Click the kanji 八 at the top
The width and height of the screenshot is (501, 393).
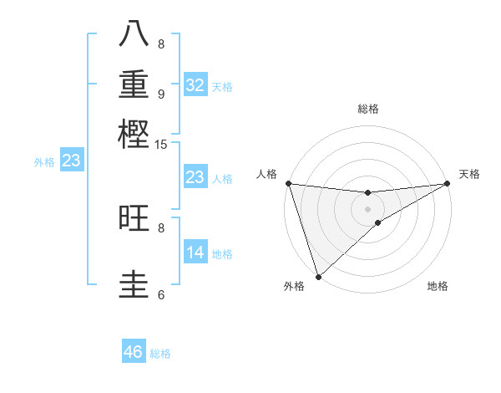click(134, 34)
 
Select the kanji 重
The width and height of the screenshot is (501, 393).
click(134, 84)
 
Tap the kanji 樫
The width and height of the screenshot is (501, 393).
click(134, 135)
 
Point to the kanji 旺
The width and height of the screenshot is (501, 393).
click(134, 218)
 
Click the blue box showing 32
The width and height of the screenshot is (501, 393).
click(195, 85)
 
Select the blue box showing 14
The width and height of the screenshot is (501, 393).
click(195, 253)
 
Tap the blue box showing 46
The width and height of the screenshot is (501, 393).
click(134, 352)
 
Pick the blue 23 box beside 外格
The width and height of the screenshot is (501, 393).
click(71, 161)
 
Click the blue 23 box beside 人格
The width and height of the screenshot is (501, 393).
click(195, 177)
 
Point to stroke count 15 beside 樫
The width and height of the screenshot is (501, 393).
click(161, 145)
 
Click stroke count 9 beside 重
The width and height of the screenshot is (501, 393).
click(161, 94)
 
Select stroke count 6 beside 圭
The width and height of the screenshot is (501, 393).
click(161, 294)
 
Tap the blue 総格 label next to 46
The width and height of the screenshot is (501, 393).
click(160, 354)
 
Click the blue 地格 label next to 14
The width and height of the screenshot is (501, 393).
click(222, 254)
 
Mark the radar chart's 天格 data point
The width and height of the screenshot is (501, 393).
click(448, 184)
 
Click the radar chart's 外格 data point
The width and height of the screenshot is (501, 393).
click(318, 276)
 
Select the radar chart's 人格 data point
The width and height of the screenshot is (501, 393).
click(288, 183)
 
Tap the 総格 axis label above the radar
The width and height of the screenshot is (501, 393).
click(368, 109)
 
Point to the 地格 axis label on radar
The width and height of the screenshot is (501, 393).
click(438, 287)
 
